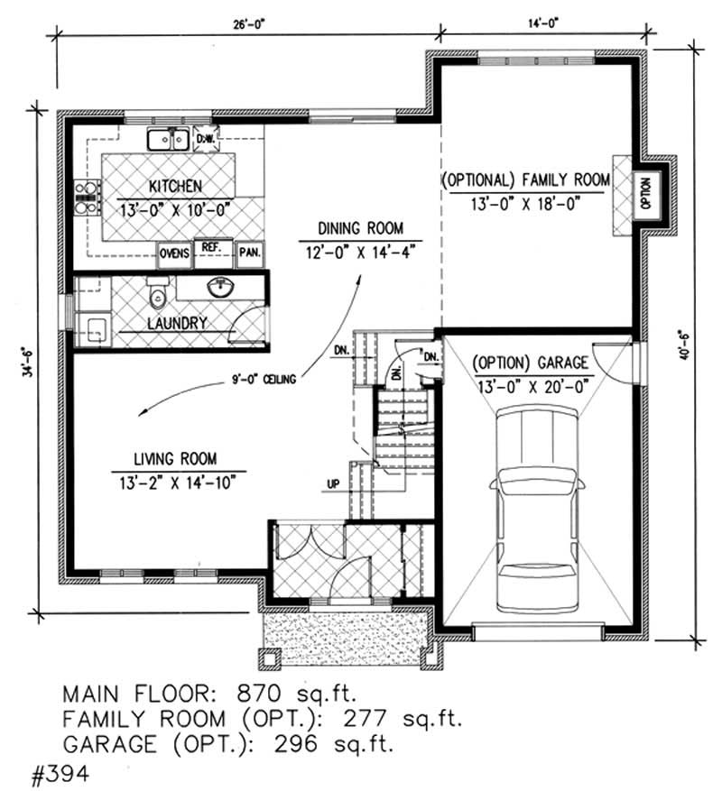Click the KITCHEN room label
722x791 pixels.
coord(175,187)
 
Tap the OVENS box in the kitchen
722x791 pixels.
coord(174,254)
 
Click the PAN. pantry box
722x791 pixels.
coord(249,254)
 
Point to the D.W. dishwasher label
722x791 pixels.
coord(204,139)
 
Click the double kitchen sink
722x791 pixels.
coord(168,139)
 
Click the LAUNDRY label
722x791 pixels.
coord(180,322)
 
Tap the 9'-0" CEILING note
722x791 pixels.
coord(263,382)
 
